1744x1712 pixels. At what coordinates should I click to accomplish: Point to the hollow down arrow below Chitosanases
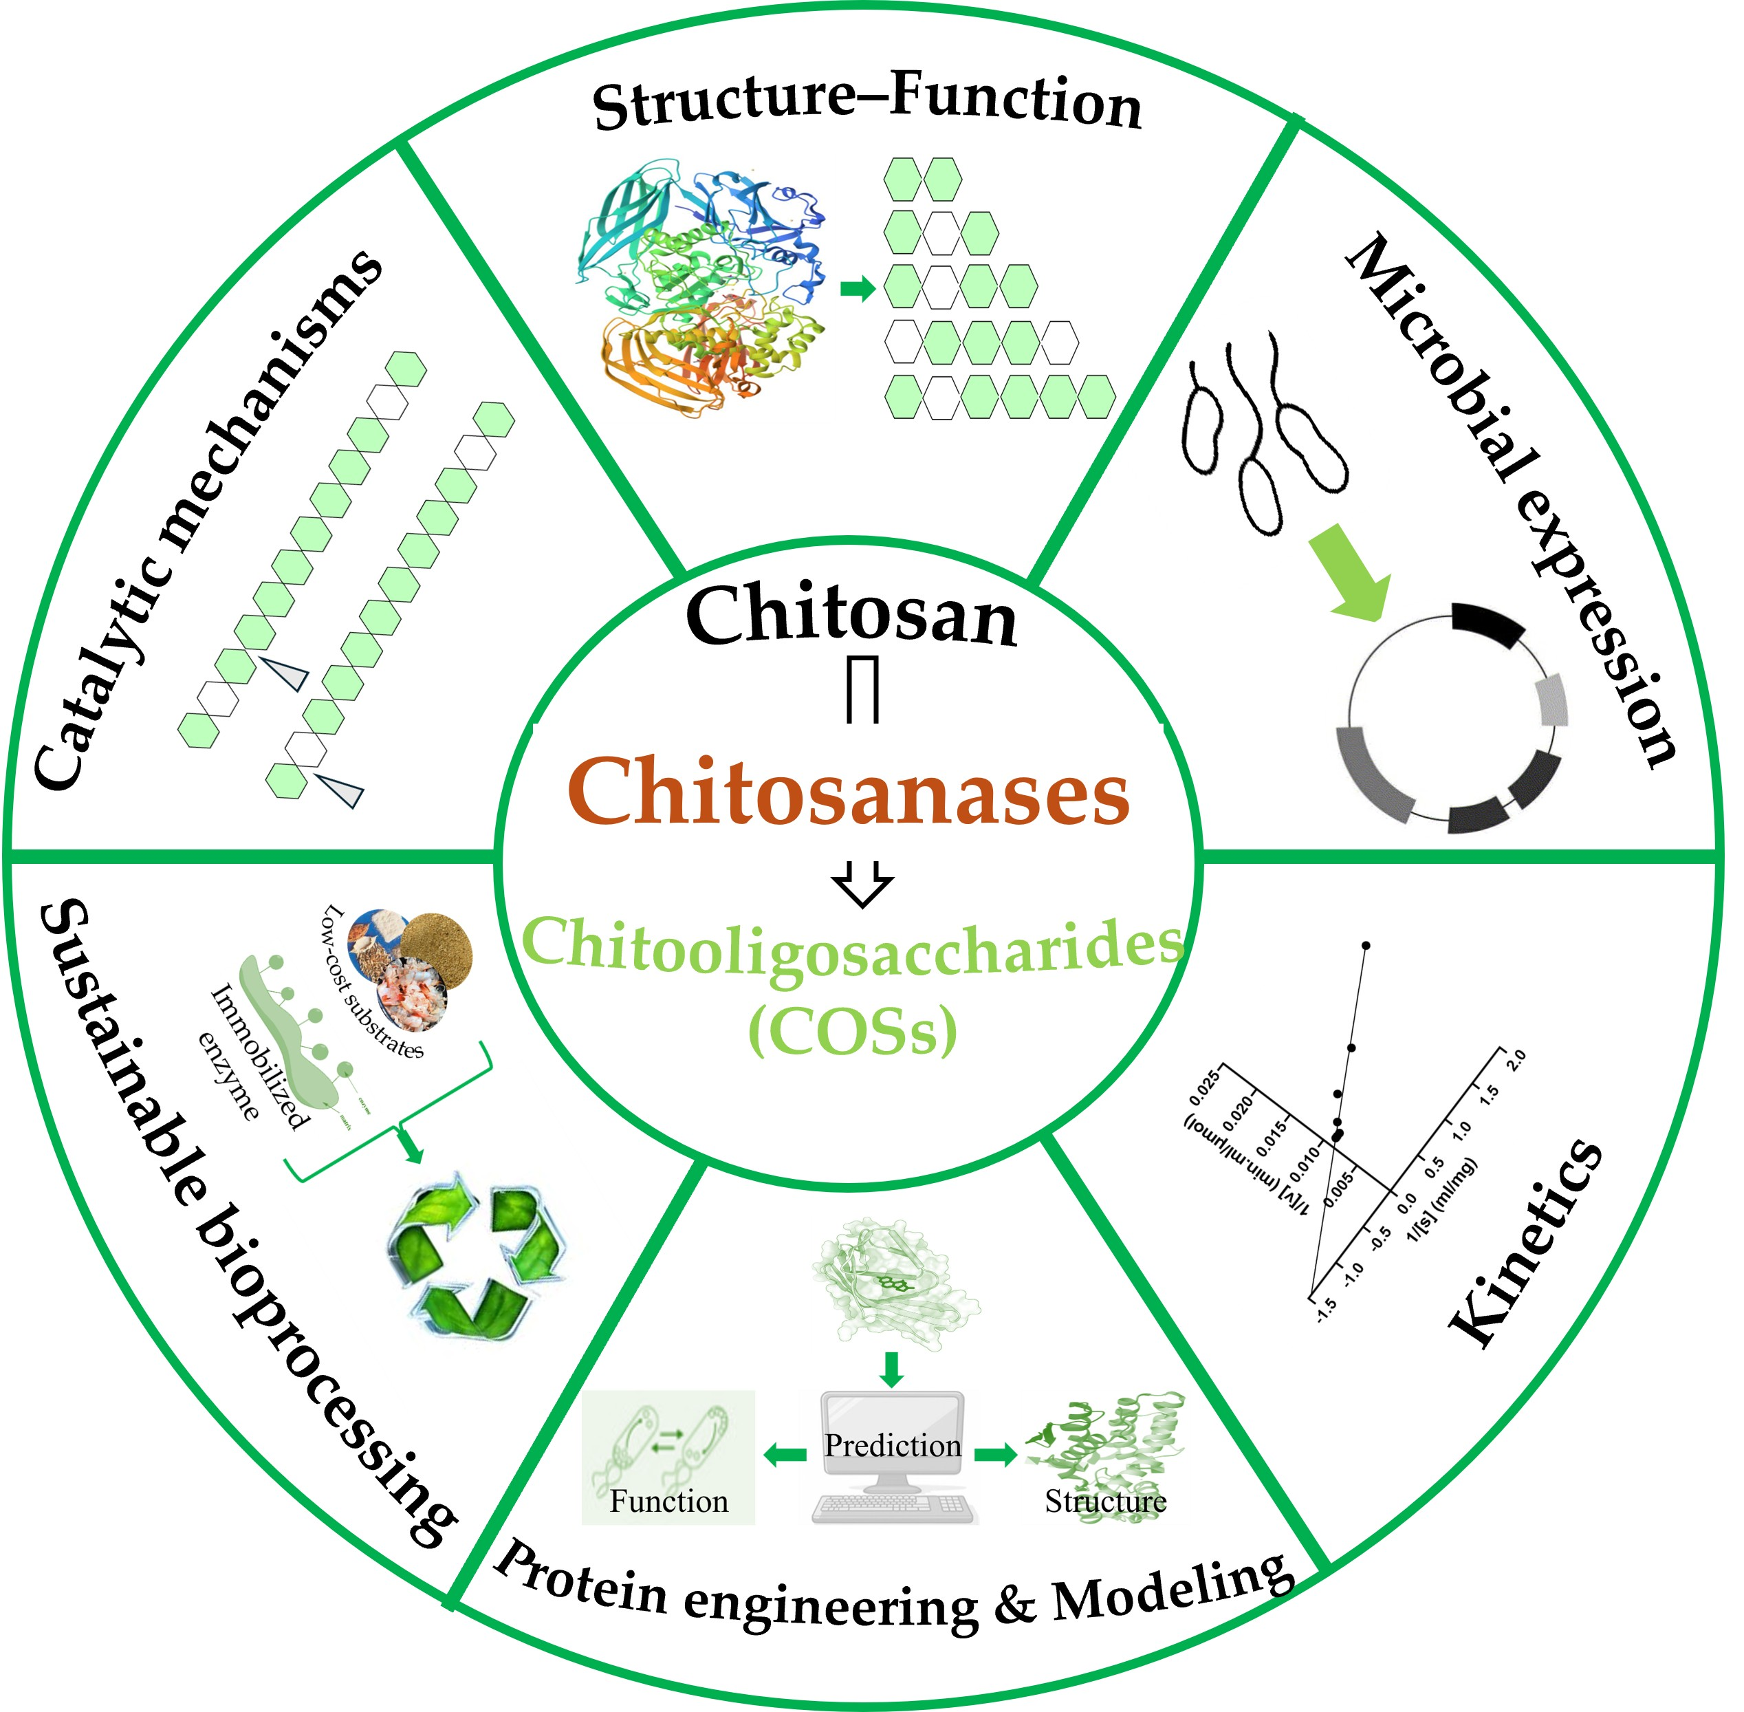coord(862,884)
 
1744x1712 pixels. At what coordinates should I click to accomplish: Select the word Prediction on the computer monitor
coord(892,1445)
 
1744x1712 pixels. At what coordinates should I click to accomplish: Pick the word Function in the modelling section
coord(669,1502)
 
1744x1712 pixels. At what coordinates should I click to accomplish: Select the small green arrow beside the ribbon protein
coord(857,290)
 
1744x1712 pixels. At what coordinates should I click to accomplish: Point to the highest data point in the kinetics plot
coord(1366,945)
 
